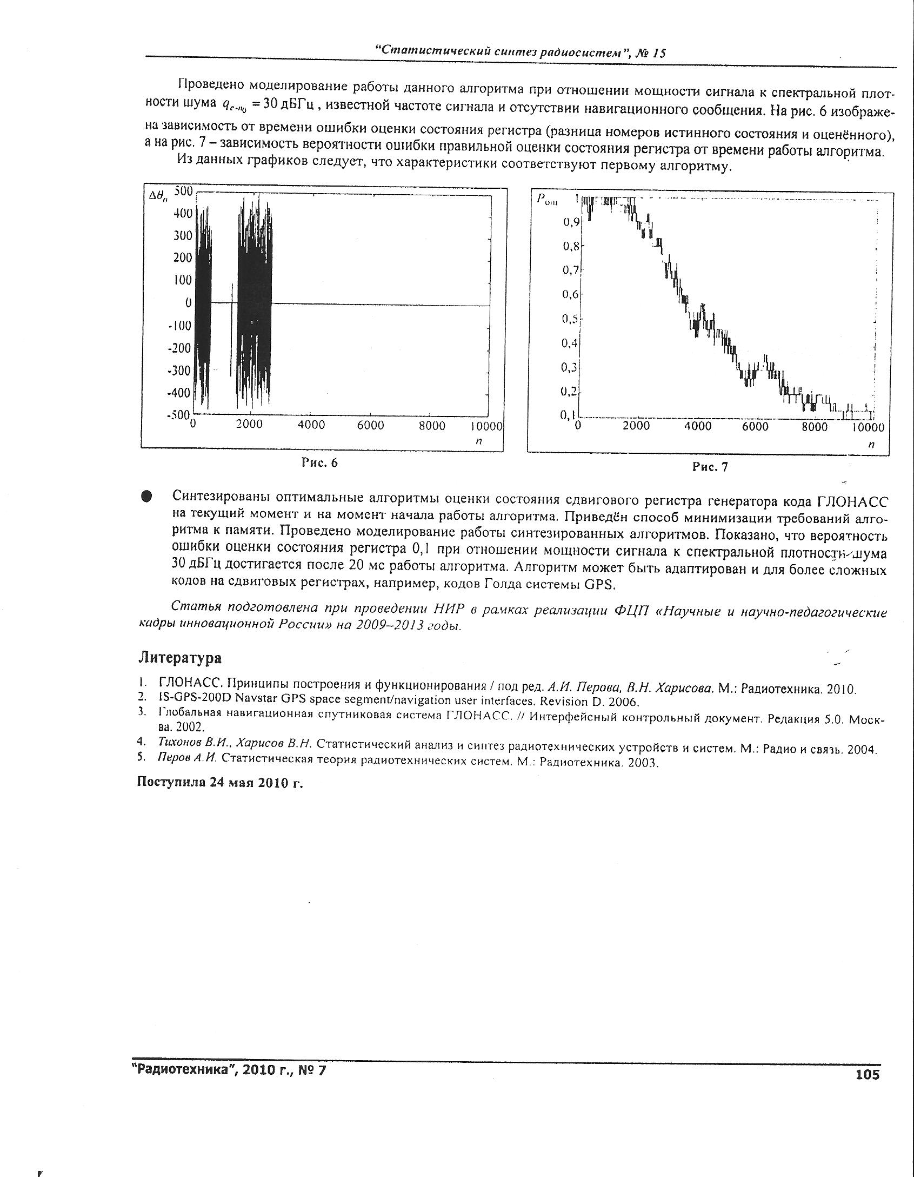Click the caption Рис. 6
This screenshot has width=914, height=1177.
pyautogui.click(x=319, y=462)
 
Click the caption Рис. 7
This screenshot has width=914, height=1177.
pyautogui.click(x=710, y=467)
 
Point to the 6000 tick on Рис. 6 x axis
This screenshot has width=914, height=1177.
pyautogui.click(x=370, y=425)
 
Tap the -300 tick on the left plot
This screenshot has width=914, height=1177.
pyautogui.click(x=180, y=371)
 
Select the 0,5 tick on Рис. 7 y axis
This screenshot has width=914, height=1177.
pyautogui.click(x=570, y=319)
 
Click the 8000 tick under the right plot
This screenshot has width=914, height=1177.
pyautogui.click(x=814, y=427)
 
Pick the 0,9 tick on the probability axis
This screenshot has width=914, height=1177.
pyautogui.click(x=571, y=222)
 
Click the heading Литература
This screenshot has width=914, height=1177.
pyautogui.click(x=180, y=658)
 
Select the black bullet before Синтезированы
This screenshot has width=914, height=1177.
pyautogui.click(x=146, y=497)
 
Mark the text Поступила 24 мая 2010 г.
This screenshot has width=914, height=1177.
pyautogui.click(x=220, y=783)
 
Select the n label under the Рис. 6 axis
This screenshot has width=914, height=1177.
pyautogui.click(x=478, y=441)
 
